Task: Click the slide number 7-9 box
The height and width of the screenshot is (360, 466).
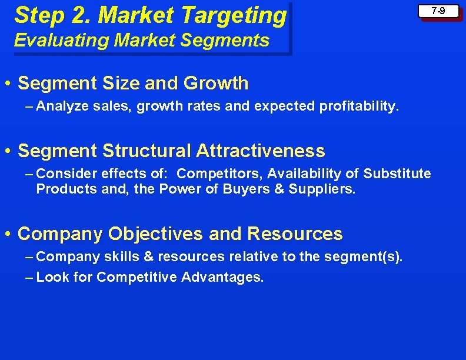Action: point(438,11)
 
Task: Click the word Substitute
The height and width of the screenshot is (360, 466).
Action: point(397,174)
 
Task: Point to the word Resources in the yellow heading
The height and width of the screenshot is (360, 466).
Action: point(295,234)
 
